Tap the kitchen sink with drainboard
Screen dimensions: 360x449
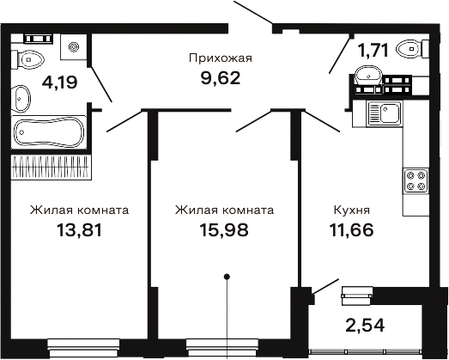(x=385, y=113)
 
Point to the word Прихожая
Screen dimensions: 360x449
(x=219, y=58)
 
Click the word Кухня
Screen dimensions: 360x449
(x=352, y=209)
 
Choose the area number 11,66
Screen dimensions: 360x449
(x=352, y=230)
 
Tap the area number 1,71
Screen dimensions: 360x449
(x=373, y=50)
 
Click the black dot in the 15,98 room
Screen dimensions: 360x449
(x=227, y=277)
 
